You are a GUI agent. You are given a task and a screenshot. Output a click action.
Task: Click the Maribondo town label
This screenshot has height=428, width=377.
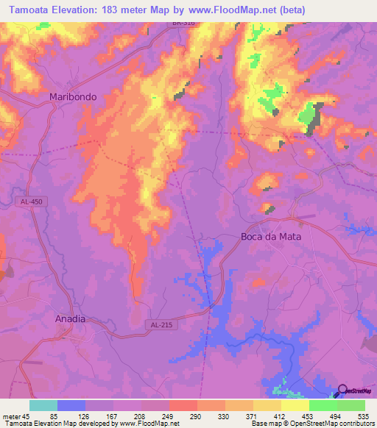pyautogui.click(x=72, y=96)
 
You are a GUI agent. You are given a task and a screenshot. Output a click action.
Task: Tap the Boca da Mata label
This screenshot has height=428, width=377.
pyautogui.click(x=272, y=237)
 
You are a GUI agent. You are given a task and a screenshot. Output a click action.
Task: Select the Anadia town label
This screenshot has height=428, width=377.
pyautogui.click(x=71, y=319)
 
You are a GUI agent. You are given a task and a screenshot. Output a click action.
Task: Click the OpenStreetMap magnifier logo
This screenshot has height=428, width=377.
pyautogui.click(x=343, y=390)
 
